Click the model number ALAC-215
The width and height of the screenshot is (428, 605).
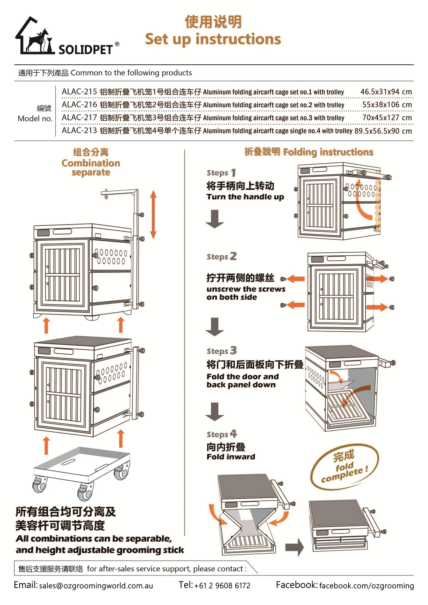tap(79, 92)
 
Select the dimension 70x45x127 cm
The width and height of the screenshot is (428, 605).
tap(387, 118)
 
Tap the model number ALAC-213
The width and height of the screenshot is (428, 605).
tap(79, 131)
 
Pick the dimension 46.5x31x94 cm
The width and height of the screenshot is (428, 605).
tap(386, 92)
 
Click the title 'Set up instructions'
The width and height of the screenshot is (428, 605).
tap(213, 39)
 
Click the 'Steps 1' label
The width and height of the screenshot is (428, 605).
tap(221, 173)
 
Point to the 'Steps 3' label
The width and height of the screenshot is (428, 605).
tap(221, 351)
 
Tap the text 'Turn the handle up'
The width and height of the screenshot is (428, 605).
tap(245, 197)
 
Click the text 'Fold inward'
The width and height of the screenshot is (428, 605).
tap(231, 457)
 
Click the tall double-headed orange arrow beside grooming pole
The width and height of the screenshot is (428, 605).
tap(153, 214)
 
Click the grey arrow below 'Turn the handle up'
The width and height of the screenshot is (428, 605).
tap(215, 219)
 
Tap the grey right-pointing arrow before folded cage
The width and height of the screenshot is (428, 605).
tap(294, 547)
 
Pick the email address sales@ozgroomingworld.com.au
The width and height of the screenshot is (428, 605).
tap(96, 586)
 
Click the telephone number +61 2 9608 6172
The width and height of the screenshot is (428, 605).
tap(222, 586)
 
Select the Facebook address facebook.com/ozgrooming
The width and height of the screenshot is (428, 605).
tap(366, 586)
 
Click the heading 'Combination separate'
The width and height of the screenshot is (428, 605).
tap(91, 163)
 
